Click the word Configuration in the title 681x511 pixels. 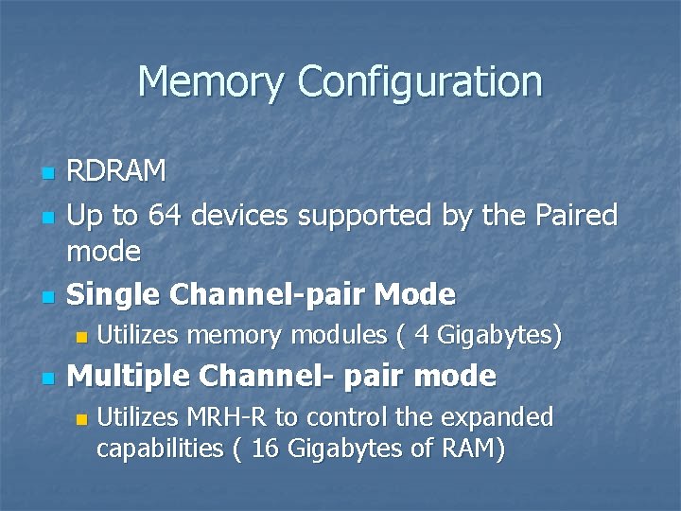click(420, 82)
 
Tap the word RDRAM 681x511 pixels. click(116, 172)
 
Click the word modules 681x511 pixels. click(335, 335)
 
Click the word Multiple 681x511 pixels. click(128, 376)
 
